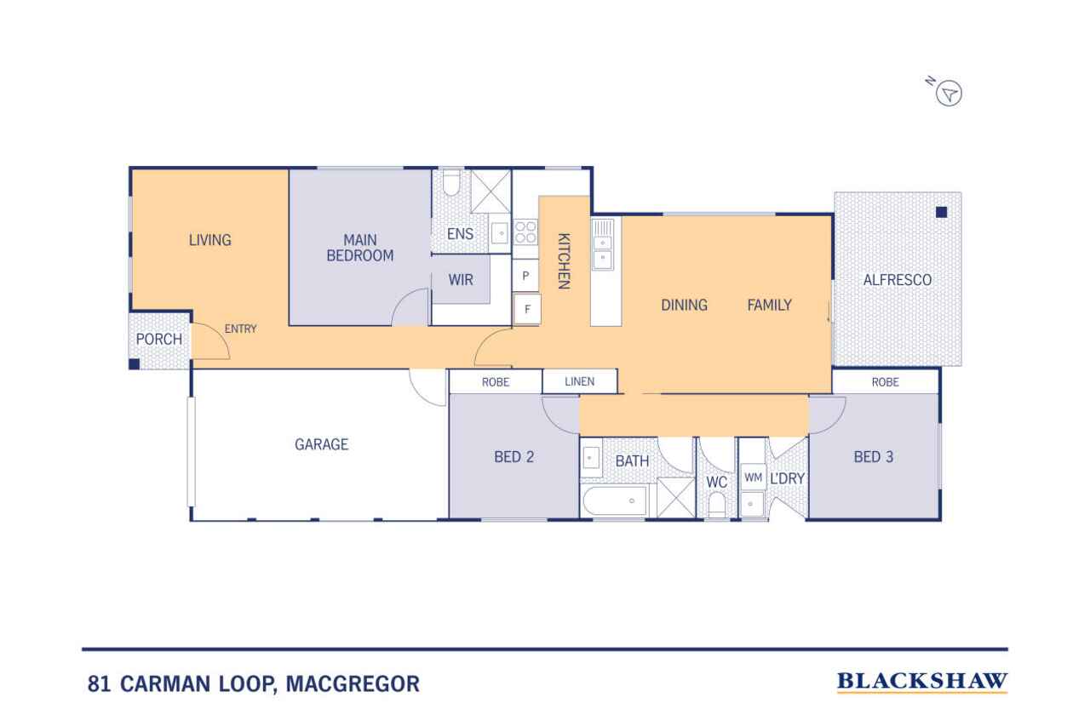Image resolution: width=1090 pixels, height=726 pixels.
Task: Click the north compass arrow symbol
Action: (x=949, y=93)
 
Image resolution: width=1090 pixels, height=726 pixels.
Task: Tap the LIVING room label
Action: (x=210, y=240)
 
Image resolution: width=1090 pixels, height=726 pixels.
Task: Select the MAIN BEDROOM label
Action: (x=360, y=248)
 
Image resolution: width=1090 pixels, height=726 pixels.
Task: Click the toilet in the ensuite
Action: (x=451, y=182)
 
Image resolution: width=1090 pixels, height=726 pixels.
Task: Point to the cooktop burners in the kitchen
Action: (x=525, y=232)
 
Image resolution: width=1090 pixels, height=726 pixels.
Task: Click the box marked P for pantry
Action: (x=525, y=276)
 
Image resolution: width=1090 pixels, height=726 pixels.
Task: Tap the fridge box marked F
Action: (x=527, y=309)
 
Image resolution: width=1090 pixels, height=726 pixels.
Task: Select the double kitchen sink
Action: (x=602, y=243)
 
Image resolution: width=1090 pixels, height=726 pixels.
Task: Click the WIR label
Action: (x=461, y=280)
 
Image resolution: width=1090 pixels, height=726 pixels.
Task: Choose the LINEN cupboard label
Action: (x=580, y=381)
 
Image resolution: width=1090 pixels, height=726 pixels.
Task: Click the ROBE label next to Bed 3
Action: (x=885, y=382)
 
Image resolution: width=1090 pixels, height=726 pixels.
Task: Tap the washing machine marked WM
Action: (x=753, y=477)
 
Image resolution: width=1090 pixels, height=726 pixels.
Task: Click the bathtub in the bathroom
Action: (x=615, y=500)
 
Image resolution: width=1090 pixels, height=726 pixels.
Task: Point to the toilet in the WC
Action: (x=717, y=504)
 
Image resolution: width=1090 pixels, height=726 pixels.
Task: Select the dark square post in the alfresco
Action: (x=941, y=212)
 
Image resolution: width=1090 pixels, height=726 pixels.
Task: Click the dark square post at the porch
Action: (x=135, y=363)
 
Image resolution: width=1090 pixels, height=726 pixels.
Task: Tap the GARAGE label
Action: (x=322, y=444)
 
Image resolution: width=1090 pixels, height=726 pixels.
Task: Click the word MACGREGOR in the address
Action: (x=353, y=683)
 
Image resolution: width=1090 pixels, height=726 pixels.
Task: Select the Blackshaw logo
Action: (x=922, y=682)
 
